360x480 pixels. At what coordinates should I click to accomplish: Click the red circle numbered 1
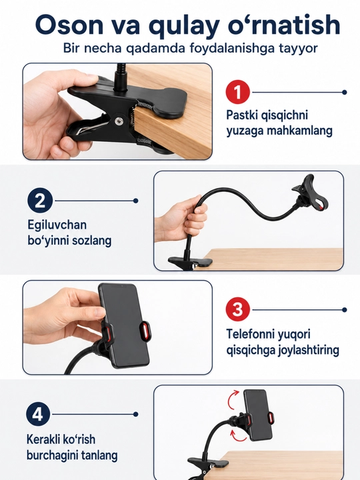coord(237,92)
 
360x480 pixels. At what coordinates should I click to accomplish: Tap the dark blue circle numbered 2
coord(40,201)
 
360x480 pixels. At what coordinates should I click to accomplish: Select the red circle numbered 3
coord(237,309)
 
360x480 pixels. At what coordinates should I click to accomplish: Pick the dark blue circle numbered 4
coord(38,414)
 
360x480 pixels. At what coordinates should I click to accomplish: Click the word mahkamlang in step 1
coord(300,131)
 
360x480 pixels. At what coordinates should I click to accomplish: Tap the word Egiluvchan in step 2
coord(57,225)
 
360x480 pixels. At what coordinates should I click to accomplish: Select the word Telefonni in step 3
coord(250,334)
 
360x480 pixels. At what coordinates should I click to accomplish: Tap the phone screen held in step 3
coord(125,325)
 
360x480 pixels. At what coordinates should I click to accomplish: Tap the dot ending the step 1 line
coord(345,92)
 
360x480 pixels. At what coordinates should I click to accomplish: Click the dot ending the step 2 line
coord(136,201)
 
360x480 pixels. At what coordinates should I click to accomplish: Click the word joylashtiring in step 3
coord(309,350)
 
